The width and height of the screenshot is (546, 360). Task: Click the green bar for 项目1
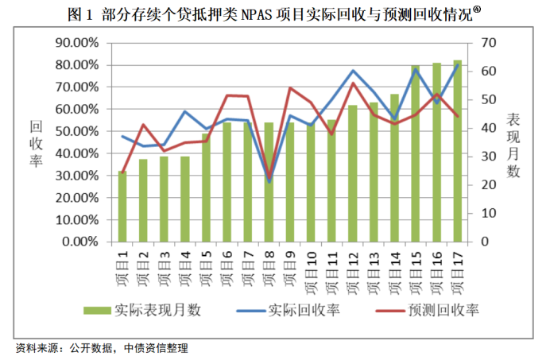point(122,207)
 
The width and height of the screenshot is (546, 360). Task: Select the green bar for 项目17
point(458,151)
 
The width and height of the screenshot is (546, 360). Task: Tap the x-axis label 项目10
point(311,269)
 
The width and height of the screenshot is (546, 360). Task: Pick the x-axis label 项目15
point(416,269)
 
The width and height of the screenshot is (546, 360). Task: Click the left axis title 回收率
point(37,143)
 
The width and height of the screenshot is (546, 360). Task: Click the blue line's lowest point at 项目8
point(269,182)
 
